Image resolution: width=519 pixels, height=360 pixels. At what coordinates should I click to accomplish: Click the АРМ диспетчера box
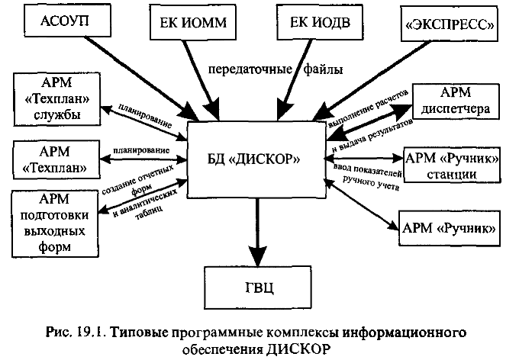coord(455,101)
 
